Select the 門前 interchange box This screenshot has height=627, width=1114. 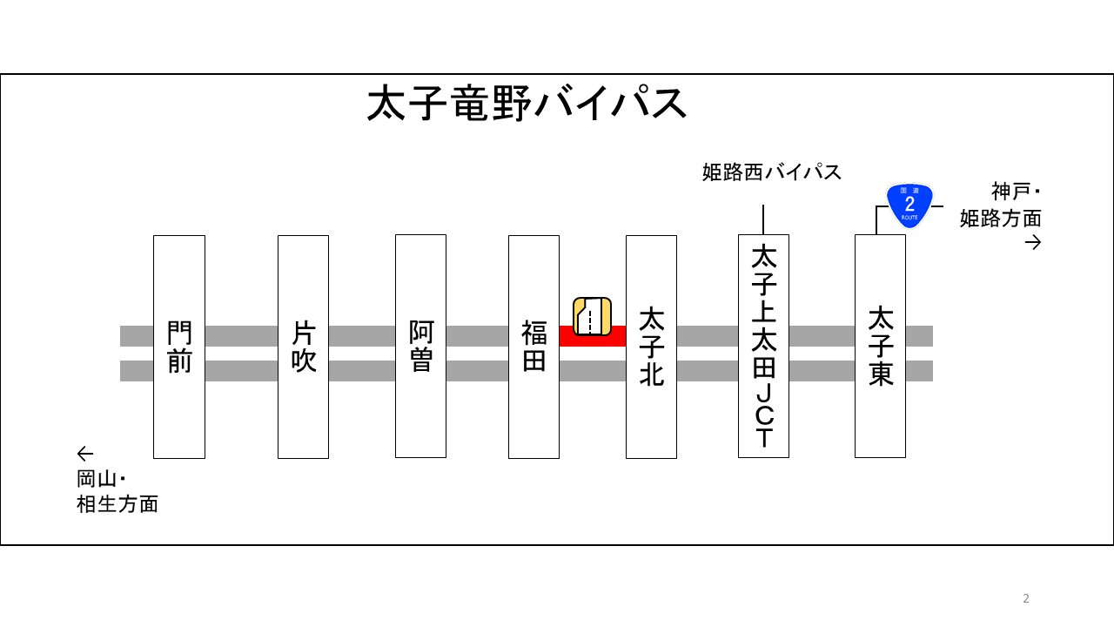[179, 347]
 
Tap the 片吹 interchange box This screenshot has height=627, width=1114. [303, 347]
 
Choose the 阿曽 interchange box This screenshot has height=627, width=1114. [420, 347]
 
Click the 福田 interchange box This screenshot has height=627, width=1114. [534, 347]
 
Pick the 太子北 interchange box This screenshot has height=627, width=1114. [651, 347]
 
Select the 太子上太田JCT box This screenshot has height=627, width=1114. [763, 347]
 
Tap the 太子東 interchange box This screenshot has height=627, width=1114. [880, 347]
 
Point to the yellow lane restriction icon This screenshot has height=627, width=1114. [592, 315]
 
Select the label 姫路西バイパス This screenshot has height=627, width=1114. [772, 172]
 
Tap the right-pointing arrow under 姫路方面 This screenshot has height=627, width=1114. [1033, 243]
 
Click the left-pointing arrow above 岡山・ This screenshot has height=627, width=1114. [84, 454]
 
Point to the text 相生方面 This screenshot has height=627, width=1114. [117, 503]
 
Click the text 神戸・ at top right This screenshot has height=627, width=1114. [1016, 192]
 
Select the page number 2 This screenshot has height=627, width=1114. [1025, 598]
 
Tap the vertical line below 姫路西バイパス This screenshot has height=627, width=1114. [763, 219]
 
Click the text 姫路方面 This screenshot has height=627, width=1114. [1001, 218]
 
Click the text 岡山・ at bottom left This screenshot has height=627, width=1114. [102, 478]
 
